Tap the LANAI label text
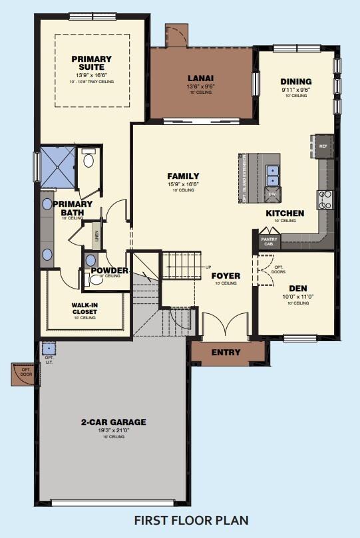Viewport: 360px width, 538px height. coord(200,77)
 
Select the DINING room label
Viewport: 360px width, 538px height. coord(296,82)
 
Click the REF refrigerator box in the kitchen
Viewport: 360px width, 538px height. coord(323,146)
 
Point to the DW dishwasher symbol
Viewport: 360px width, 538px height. coord(271,194)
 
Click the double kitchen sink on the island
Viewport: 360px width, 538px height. coord(271,174)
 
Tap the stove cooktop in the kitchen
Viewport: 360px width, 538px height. coord(325,200)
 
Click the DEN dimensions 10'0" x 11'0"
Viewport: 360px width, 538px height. coord(297,297)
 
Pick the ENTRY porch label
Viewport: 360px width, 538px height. coord(226,352)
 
